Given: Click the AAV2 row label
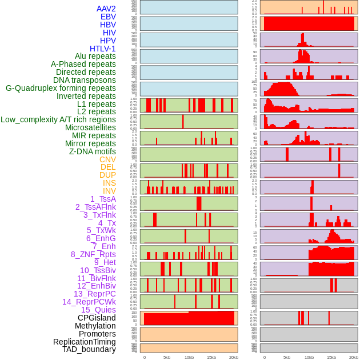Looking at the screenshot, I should [106, 9].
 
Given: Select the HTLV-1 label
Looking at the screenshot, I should [103, 49].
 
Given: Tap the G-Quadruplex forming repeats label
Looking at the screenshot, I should [61, 88].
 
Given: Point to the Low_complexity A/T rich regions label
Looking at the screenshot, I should [58, 119].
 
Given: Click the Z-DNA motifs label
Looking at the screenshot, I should [93, 151].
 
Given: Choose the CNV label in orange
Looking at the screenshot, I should [107, 159].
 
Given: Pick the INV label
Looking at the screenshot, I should [109, 191].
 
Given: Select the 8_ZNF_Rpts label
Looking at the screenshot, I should [93, 254].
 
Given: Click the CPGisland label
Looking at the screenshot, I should [97, 318].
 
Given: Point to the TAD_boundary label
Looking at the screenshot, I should [89, 349].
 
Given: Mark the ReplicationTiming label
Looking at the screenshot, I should [84, 342].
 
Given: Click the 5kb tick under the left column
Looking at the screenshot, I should [167, 357].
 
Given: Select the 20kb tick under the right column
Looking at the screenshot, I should [354, 357].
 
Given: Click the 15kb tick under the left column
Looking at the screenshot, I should [211, 357].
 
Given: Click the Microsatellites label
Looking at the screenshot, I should [90, 127].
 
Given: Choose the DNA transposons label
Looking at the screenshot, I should [85, 80].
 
